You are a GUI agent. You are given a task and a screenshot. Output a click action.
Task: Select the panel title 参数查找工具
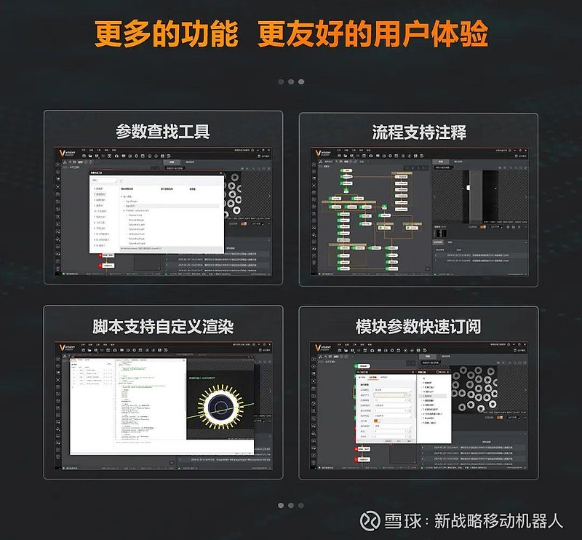tap(162, 132)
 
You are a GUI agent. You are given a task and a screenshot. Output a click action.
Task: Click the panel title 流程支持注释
tap(419, 132)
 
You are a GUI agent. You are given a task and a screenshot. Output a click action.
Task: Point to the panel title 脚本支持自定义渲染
tap(162, 326)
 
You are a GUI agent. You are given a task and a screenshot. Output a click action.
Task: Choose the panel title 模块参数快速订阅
tap(418, 326)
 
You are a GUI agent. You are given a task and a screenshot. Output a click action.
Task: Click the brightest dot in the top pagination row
tap(301, 82)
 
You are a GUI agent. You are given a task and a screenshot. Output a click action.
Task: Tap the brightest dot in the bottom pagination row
tap(280, 505)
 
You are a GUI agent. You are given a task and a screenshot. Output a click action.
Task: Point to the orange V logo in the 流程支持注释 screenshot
tap(318, 154)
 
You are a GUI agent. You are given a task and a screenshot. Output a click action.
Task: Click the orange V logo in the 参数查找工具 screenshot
tap(62, 154)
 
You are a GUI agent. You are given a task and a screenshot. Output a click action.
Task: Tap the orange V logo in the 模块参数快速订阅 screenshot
tap(318, 348)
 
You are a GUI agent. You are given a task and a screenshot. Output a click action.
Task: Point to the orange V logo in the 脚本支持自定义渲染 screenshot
tap(62, 348)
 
